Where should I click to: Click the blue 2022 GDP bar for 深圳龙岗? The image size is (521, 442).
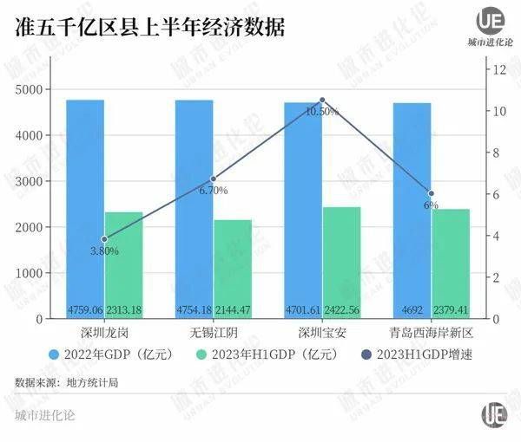click(x=85, y=208)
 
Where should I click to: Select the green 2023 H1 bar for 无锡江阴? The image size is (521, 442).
click(x=232, y=269)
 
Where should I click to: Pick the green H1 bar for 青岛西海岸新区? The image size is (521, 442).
click(x=450, y=263)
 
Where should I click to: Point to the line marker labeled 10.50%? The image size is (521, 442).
click(x=322, y=101)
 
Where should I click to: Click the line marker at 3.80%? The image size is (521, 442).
click(x=104, y=239)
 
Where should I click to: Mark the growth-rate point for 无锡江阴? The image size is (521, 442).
click(x=214, y=179)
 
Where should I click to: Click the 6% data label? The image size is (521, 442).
click(x=431, y=205)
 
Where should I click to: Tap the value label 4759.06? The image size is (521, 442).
click(x=85, y=309)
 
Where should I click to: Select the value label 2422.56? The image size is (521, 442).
click(x=341, y=309)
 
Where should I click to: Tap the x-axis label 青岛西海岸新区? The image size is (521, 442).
click(x=431, y=333)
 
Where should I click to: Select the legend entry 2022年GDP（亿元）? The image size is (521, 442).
click(x=112, y=354)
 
